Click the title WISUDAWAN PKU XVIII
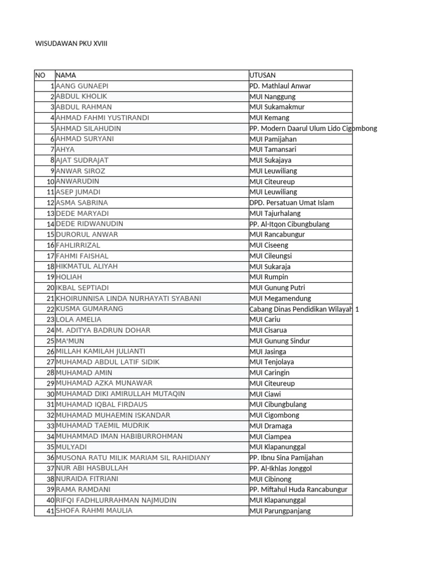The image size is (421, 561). [x=71, y=43]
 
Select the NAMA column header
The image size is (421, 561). [x=66, y=75]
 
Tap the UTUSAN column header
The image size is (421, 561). [x=263, y=75]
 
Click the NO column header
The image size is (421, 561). [x=40, y=75]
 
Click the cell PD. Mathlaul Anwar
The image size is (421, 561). [x=280, y=86]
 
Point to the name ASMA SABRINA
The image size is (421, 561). [x=82, y=203]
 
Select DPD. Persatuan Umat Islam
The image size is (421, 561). [x=292, y=203]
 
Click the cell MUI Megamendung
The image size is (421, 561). [x=280, y=299]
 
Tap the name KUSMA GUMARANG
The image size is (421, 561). [x=89, y=309]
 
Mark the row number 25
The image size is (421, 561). [x=50, y=341]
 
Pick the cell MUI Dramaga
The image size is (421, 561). [x=271, y=426]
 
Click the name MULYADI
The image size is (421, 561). [x=71, y=447]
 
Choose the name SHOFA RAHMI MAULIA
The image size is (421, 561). [x=94, y=511]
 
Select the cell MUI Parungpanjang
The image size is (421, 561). [x=280, y=511]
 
